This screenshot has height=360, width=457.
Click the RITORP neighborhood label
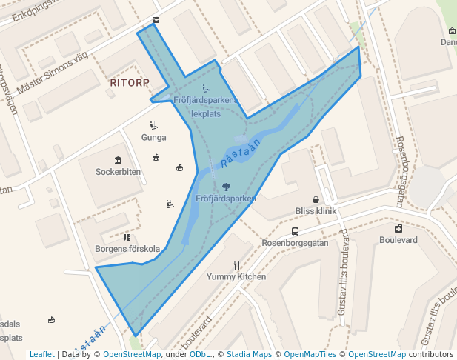[x=130, y=82]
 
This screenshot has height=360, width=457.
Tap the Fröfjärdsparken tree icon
[x=226, y=187]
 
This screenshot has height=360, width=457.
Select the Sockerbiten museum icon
[x=119, y=160]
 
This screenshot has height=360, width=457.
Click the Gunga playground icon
[x=153, y=125]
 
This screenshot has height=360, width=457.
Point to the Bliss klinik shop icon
[x=316, y=199]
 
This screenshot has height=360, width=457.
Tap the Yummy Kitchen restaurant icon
[x=237, y=265]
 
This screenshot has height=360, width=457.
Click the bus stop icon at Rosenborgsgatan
[x=284, y=231]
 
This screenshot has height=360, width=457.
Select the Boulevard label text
[x=398, y=240]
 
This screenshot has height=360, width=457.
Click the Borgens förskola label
[x=127, y=249]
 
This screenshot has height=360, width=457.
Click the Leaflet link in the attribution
[x=42, y=354]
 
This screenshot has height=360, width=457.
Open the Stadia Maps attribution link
[x=253, y=354]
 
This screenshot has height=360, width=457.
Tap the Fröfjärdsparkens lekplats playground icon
[x=205, y=89]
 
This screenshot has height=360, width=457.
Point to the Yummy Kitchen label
[x=236, y=277]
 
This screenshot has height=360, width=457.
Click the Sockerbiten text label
[x=119, y=172]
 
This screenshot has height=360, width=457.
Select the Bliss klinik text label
[x=316, y=211]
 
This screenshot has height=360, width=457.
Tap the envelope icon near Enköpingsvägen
[x=156, y=19]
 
